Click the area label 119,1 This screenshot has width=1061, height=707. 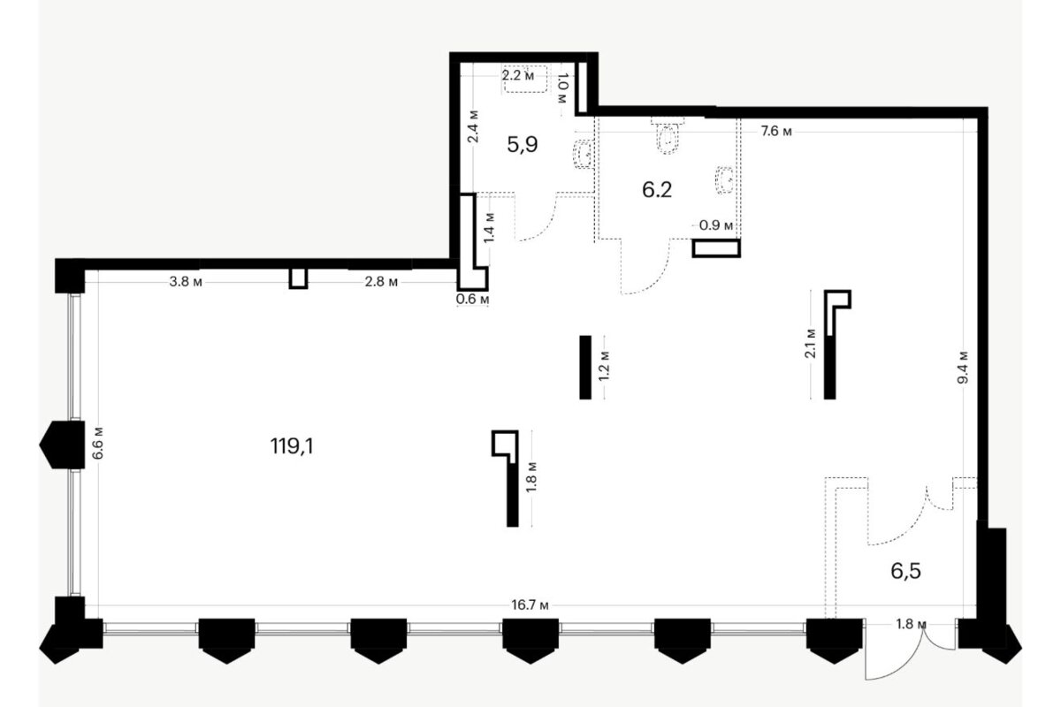tap(292, 446)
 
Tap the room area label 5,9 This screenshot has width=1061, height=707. tap(522, 144)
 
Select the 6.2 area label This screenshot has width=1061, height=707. tap(657, 190)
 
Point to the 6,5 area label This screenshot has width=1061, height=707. tap(905, 572)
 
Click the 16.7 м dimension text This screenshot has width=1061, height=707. tap(530, 605)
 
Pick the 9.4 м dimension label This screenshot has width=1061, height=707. tap(963, 368)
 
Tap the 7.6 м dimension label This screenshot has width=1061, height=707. tap(776, 131)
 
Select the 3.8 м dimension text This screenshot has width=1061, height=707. tap(186, 282)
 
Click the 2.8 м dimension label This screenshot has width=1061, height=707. tap(381, 282)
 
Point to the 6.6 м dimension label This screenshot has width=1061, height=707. tap(97, 444)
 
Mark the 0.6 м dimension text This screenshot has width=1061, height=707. tap(472, 300)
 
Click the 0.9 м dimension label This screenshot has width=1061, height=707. tap(716, 225)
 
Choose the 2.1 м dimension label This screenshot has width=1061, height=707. tap(811, 344)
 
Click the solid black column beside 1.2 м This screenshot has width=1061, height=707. tap(585, 368)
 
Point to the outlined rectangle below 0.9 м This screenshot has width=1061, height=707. tap(716, 248)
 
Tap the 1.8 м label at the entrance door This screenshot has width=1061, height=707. tap(911, 624)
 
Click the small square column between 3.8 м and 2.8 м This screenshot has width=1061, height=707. tap(299, 278)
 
